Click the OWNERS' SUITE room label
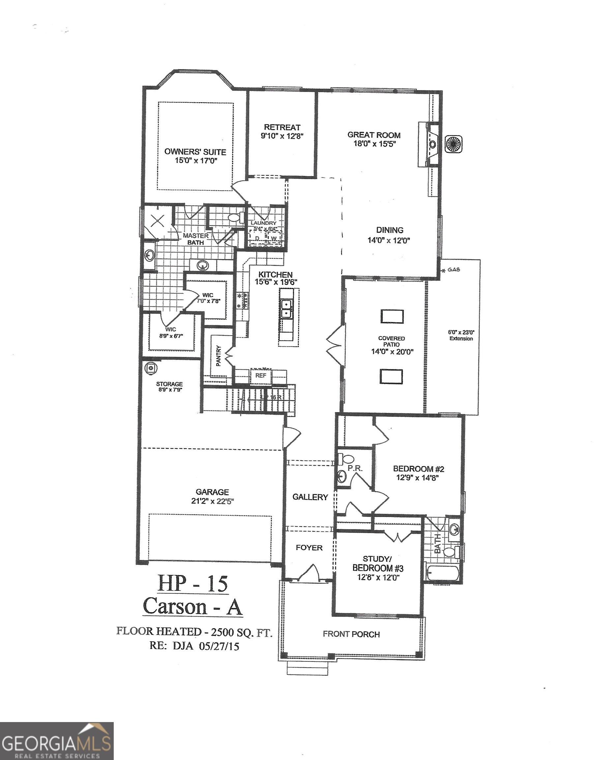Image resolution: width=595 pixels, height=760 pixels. pyautogui.click(x=195, y=152)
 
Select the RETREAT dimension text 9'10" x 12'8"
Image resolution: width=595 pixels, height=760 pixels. pyautogui.click(x=283, y=136)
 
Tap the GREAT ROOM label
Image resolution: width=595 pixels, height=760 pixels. pyautogui.click(x=374, y=135)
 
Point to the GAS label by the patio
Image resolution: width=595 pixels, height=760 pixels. pyautogui.click(x=454, y=270)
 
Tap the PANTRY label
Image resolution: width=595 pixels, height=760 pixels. pyautogui.click(x=219, y=356)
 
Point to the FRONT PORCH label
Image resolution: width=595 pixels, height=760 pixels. pyautogui.click(x=351, y=634)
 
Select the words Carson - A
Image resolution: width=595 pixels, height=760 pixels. pyautogui.click(x=192, y=606)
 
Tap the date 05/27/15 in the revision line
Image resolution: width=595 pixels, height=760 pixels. pyautogui.click(x=219, y=646)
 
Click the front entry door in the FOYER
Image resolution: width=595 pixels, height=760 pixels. pyautogui.click(x=308, y=573)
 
